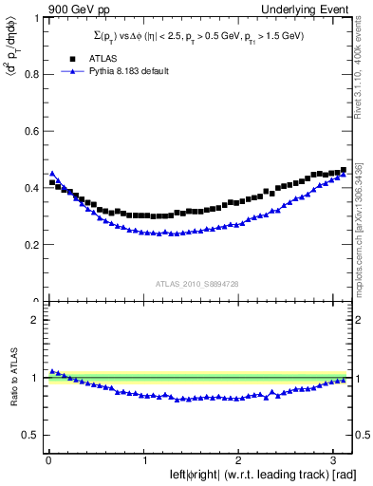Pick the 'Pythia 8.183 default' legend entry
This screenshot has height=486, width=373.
click(126, 71)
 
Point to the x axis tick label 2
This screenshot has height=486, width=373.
click(239, 459)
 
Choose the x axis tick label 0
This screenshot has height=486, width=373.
click(48, 459)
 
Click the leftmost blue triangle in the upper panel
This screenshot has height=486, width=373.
click(51, 174)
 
